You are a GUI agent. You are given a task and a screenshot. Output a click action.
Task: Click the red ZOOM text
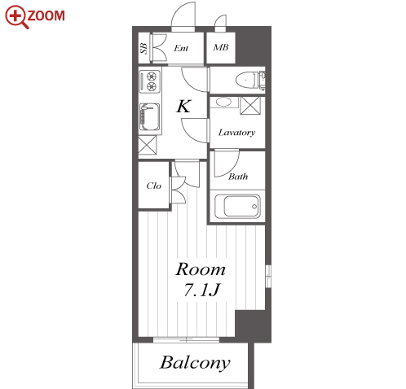coord(46,15)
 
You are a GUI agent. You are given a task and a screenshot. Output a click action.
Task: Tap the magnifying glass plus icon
coord(16,16)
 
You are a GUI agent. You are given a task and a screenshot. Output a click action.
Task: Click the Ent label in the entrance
coord(181,48)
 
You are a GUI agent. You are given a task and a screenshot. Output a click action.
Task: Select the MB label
coord(221,47)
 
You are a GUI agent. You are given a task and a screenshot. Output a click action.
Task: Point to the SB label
coord(143,48)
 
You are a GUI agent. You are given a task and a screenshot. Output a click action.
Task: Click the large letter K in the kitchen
coord(183,106)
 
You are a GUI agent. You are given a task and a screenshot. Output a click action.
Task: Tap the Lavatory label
coord(236,133)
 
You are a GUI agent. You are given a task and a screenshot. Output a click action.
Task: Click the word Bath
coord(238,177)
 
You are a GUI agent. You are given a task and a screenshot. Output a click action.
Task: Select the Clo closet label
coord(153,186)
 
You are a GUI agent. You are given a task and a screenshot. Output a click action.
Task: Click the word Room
coord(201,269)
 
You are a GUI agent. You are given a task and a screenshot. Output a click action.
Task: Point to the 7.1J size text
coord(201,290)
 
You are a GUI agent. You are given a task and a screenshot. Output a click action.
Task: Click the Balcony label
coord(195,363)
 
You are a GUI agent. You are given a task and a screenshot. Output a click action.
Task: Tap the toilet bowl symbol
coord(246,81)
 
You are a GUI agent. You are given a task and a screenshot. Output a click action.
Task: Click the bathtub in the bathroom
coord(237,206)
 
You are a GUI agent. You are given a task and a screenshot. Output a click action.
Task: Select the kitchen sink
coord(149,117)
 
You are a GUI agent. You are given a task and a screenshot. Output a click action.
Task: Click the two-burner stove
coord(149,81)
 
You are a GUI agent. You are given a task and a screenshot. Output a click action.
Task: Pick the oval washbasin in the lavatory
coord(223,103)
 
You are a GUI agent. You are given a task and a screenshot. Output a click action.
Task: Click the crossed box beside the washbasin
coord(250,105)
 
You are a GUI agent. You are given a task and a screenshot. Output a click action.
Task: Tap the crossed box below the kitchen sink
coord(148,145)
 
